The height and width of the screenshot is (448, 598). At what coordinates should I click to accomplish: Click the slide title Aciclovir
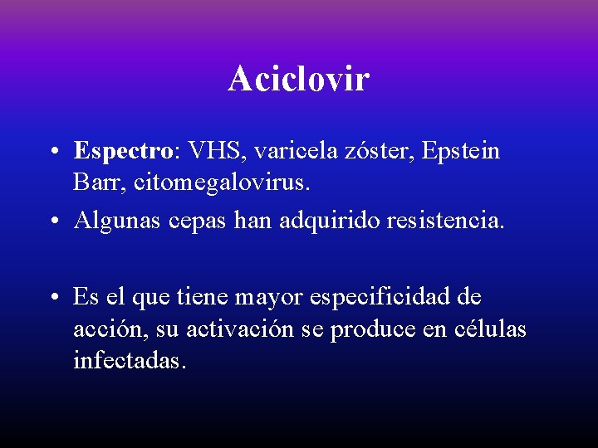299,80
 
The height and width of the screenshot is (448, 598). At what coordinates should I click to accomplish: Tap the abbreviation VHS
217,151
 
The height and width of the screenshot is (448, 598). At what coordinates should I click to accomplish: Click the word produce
368,330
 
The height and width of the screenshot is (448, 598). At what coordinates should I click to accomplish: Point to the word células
491,329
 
